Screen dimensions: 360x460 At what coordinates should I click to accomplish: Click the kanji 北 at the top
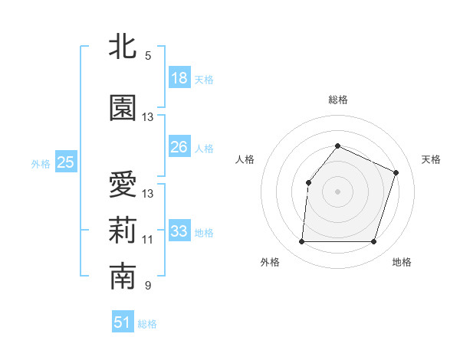coord(123,47)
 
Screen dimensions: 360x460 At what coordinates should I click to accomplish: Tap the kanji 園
coord(123,109)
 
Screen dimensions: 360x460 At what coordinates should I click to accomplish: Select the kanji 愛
coord(123,185)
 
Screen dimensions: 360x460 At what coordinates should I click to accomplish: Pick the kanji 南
coord(123,277)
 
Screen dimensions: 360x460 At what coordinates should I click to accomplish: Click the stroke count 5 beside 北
coord(148,56)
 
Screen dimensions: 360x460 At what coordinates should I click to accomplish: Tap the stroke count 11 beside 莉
coord(148,240)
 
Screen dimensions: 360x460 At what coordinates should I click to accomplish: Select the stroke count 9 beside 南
coord(148,286)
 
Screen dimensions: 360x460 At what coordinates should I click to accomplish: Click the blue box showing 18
coord(179,78)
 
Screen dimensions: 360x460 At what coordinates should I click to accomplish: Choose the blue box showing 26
coord(179,147)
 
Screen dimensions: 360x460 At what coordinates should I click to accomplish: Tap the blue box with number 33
coord(179,231)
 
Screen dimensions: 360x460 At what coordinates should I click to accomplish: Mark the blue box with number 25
coord(66,162)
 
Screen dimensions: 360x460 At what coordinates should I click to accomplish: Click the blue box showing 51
coord(123,322)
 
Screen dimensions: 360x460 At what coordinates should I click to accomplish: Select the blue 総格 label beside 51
coord(147,324)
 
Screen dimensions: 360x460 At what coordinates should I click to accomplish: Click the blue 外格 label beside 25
coord(41,163)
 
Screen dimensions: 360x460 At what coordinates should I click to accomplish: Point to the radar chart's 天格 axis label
coord(431,159)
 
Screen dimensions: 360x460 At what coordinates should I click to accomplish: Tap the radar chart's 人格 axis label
coord(245,159)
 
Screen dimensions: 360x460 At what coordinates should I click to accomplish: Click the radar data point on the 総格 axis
coord(337,146)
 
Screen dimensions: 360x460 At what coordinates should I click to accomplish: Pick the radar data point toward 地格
coord(374,242)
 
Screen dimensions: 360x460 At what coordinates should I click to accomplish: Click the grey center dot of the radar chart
coord(337,191)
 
